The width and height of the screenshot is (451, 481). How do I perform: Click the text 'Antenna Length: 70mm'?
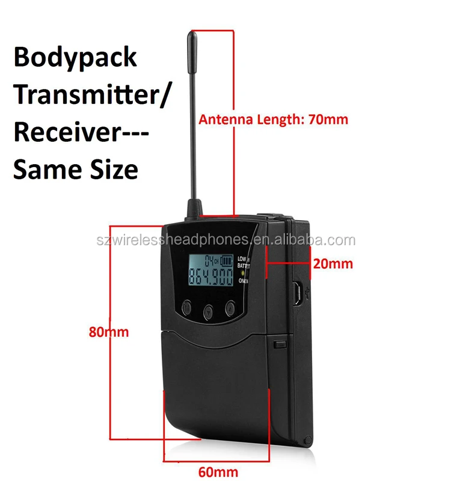pyautogui.click(x=274, y=119)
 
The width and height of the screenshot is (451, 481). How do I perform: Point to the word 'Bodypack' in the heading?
pyautogui.click(x=75, y=57)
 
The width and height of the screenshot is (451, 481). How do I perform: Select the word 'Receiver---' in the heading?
pyautogui.click(x=81, y=132)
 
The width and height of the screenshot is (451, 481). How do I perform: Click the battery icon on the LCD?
pyautogui.click(x=227, y=261)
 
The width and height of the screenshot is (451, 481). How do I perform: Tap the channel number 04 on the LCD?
pyautogui.click(x=209, y=261)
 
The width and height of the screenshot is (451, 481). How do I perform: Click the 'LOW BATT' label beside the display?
pyautogui.click(x=244, y=262)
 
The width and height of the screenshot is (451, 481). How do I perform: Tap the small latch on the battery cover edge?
pyautogui.click(x=278, y=345)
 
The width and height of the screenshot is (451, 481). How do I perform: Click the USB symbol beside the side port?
pyautogui.click(x=308, y=293)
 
